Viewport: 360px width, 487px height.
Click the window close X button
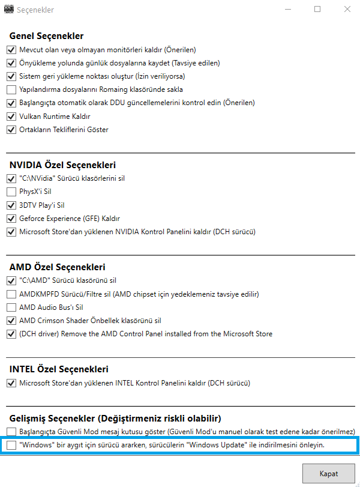point(347,10)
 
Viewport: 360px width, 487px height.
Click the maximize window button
point(317,10)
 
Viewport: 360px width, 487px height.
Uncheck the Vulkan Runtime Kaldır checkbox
point(11,116)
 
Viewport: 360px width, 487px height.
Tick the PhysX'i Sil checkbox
point(11,192)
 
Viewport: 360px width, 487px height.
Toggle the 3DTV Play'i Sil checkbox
point(11,205)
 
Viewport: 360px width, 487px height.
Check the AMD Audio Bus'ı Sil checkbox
point(11,307)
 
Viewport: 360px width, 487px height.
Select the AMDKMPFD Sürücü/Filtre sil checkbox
point(11,294)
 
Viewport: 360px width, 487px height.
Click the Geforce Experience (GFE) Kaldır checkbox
point(11,218)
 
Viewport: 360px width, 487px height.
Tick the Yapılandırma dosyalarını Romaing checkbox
point(11,89)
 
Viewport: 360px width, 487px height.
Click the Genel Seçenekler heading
point(46,36)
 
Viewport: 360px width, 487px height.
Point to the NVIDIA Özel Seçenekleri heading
point(62,165)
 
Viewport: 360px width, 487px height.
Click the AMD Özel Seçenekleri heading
point(57,267)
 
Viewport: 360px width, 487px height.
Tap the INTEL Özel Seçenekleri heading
point(59,369)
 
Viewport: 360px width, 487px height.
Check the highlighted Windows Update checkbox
point(11,445)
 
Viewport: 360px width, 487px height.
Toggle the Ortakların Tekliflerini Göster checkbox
point(11,129)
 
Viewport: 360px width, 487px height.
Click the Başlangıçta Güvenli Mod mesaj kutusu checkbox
point(11,432)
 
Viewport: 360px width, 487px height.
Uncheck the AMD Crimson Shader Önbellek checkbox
point(11,320)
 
